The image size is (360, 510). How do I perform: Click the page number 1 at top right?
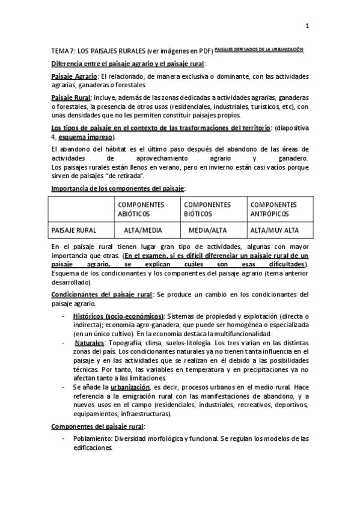307,26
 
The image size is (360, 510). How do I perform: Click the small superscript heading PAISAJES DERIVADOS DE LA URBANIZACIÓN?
259,50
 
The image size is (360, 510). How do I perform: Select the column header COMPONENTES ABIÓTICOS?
141,209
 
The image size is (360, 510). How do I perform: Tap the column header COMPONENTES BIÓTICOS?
207,209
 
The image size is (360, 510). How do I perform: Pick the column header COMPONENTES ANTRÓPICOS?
273,209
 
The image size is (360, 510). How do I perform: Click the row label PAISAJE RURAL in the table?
75,230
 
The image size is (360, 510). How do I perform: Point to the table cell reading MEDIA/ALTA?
207,230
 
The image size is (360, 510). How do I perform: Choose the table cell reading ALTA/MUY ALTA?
275,230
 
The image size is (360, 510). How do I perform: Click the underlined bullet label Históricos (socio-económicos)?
118,316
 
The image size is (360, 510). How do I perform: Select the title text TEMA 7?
63,52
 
